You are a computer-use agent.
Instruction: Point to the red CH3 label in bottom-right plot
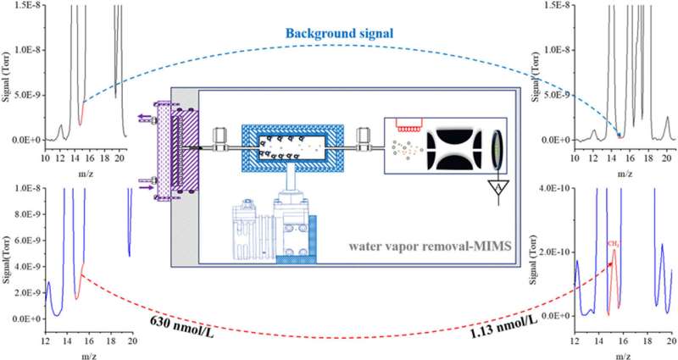613,243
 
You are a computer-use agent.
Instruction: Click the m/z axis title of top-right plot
625,173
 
